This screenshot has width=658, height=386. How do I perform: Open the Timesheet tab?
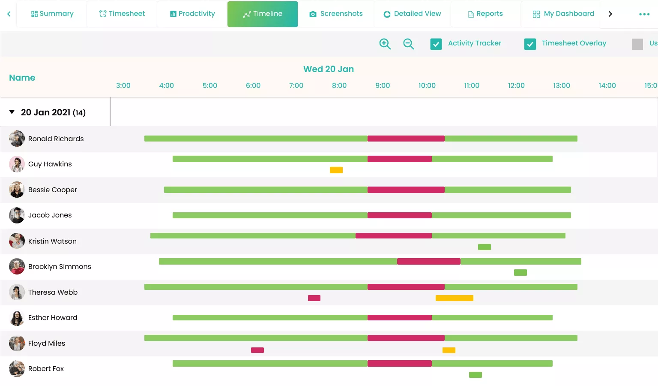tap(122, 14)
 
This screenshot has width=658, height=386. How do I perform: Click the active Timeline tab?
tap(262, 14)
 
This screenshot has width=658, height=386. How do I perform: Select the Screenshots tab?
tap(336, 14)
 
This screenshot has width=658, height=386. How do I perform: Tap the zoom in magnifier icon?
tap(385, 44)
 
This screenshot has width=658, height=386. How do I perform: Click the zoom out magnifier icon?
tap(408, 44)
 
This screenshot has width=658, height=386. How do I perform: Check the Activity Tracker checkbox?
tap(436, 44)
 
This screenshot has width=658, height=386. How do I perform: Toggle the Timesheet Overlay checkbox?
tap(530, 44)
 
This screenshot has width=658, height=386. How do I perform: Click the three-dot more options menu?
tap(644, 14)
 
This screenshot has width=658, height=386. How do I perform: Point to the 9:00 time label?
tap(383, 85)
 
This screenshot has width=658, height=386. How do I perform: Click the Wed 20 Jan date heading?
tap(329, 69)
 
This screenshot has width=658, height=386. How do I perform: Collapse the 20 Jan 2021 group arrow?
tap(12, 112)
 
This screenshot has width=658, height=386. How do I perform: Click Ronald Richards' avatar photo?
tap(17, 139)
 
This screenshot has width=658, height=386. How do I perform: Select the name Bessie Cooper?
tap(53, 190)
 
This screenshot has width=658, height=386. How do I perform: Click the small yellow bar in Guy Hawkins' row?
tap(336, 170)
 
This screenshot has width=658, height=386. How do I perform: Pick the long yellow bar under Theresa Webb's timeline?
tap(454, 298)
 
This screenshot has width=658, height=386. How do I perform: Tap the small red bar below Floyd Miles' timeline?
tap(257, 350)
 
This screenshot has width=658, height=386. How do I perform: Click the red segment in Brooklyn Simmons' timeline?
tap(428, 261)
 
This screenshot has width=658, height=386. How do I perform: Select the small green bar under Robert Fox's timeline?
tap(476, 375)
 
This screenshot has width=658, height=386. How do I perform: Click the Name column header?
tap(22, 78)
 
